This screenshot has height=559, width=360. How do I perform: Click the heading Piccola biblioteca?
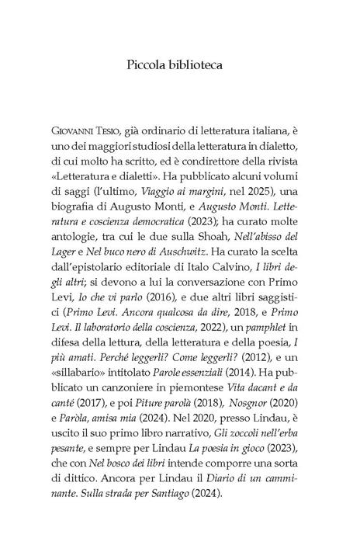coord(180,64)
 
